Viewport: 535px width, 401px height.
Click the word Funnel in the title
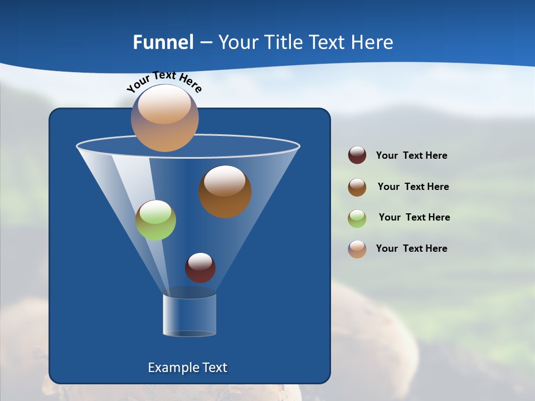tap(163, 42)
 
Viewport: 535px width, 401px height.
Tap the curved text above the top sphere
tap(164, 81)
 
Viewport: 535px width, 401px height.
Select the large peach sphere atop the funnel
tap(164, 118)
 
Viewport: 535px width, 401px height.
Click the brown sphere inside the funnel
tap(225, 192)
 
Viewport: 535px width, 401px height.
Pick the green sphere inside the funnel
tap(155, 220)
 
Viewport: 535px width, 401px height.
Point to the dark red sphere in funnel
tap(200, 268)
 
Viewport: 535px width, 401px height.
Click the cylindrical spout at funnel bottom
tap(189, 315)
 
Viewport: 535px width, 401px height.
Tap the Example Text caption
tap(187, 368)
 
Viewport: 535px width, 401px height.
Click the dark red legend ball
tap(357, 155)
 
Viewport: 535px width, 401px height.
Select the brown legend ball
tap(357, 187)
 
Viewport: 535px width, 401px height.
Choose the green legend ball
tap(357, 218)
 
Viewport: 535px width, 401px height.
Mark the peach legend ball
tap(357, 249)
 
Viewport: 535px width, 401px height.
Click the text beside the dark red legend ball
tap(411, 156)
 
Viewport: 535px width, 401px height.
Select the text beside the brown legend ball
tap(413, 187)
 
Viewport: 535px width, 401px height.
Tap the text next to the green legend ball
tap(414, 218)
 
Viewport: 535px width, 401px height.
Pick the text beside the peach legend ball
tap(411, 249)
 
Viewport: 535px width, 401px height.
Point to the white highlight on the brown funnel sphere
tap(225, 181)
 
